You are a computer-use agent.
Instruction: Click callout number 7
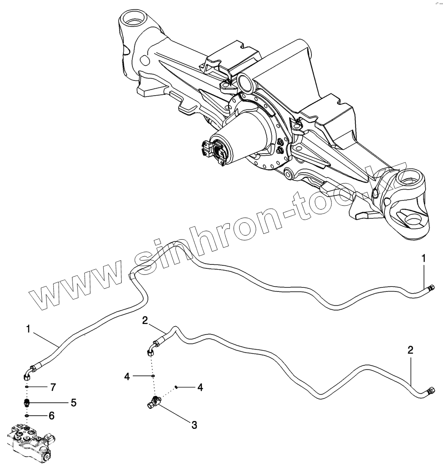pyautogui.click(x=53, y=387)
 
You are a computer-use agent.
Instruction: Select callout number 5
pyautogui.click(x=74, y=403)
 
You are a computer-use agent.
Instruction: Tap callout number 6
pyautogui.click(x=52, y=416)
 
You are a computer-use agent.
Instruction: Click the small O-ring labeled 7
pyautogui.click(x=27, y=386)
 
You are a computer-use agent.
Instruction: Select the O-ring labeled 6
pyautogui.click(x=27, y=416)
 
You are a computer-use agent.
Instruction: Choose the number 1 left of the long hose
pyautogui.click(x=28, y=329)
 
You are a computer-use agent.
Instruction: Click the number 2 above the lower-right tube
pyautogui.click(x=410, y=350)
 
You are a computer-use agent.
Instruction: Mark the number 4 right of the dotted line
pyautogui.click(x=199, y=386)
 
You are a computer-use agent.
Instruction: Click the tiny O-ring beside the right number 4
pyautogui.click(x=176, y=386)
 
